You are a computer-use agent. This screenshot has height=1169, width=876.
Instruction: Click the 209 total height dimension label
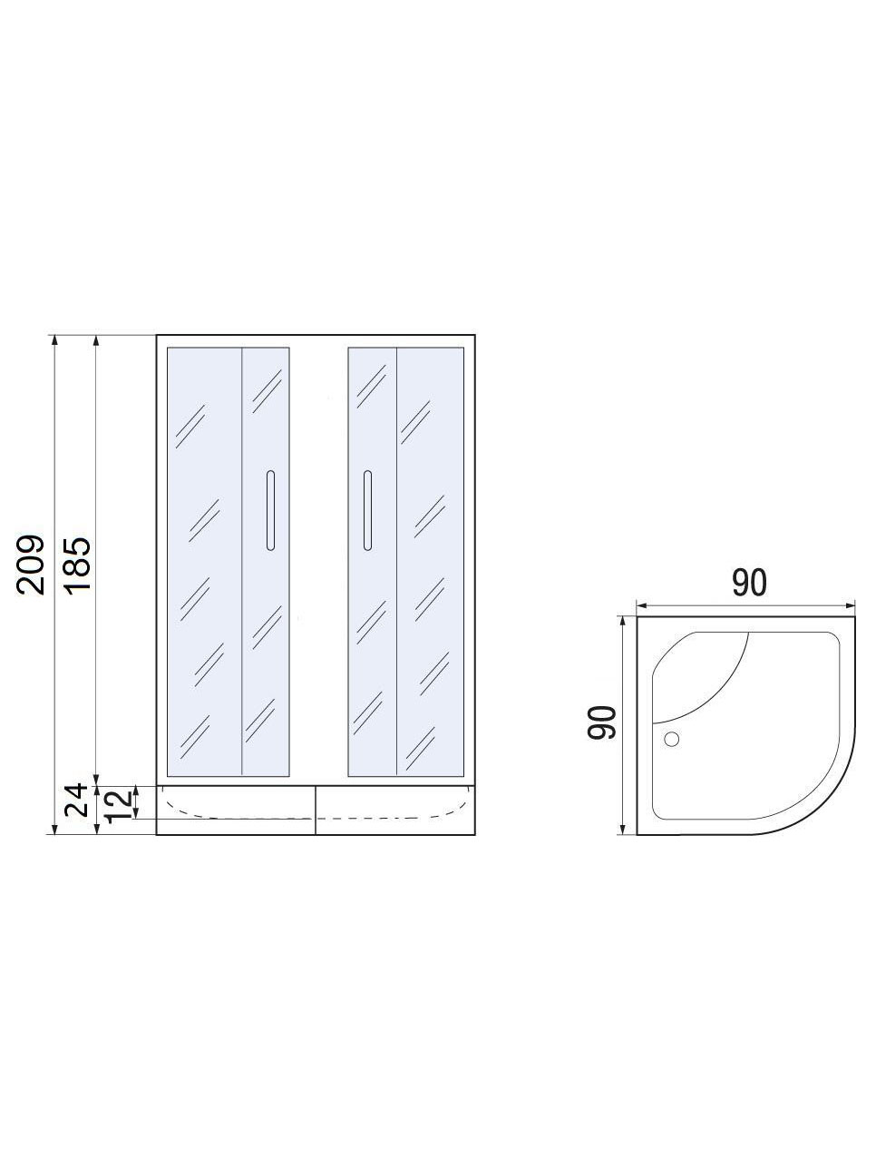[30, 565]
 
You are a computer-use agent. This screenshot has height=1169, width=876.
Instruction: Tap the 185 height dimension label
[78, 565]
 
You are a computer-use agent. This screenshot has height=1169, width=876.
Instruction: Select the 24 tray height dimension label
[76, 800]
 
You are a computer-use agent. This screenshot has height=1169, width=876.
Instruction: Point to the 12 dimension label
[118, 806]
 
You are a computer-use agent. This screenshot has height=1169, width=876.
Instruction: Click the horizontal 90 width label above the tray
[749, 583]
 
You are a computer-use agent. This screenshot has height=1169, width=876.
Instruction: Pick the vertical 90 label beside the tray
[601, 722]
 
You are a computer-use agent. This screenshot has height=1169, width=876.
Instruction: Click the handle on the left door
[271, 510]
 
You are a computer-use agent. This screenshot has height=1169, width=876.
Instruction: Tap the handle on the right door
[367, 510]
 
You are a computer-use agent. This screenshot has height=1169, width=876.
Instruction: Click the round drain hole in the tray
[672, 739]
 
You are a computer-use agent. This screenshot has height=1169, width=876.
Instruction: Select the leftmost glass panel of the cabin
[205, 562]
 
